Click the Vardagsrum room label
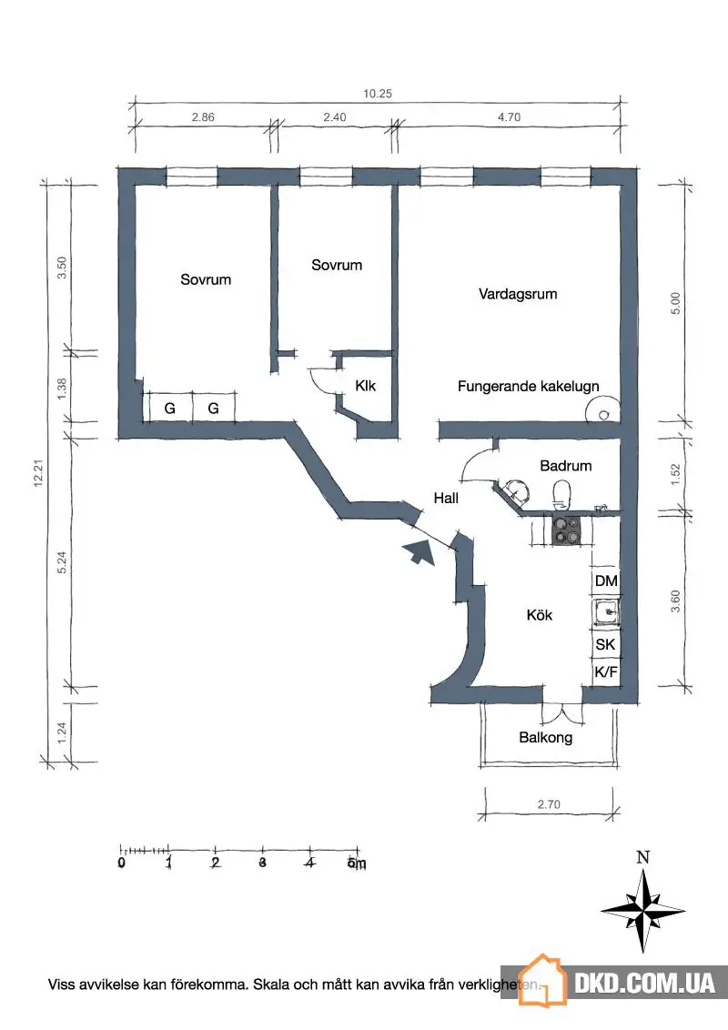pyautogui.click(x=518, y=294)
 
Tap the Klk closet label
pyautogui.click(x=365, y=386)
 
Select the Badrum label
pyautogui.click(x=566, y=466)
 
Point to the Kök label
pyautogui.click(x=540, y=615)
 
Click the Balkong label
pyautogui.click(x=545, y=738)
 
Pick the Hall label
pyautogui.click(x=446, y=498)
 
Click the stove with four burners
pyautogui.click(x=566, y=530)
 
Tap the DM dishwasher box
pyautogui.click(x=606, y=581)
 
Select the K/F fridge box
pyautogui.click(x=606, y=672)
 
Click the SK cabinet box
pyautogui.click(x=606, y=644)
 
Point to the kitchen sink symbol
pyautogui.click(x=606, y=613)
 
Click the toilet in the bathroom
pyautogui.click(x=561, y=495)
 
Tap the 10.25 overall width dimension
pyautogui.click(x=377, y=94)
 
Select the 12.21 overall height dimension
pyautogui.click(x=38, y=472)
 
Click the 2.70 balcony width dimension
pyautogui.click(x=549, y=804)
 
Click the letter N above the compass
pyautogui.click(x=642, y=856)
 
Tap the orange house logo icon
pyautogui.click(x=542, y=980)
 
